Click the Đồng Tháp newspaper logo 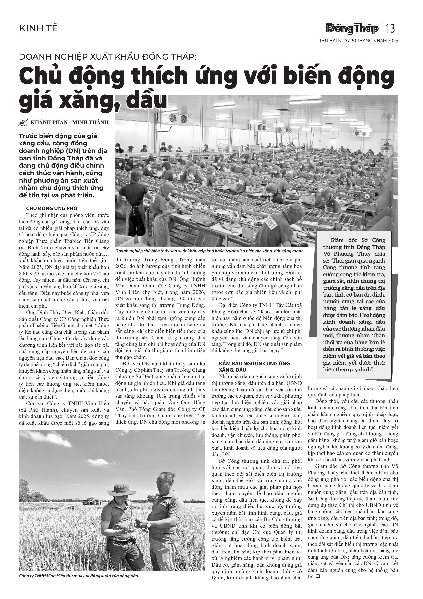pyautogui.click(x=352, y=29)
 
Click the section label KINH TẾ pyautogui.click(x=38, y=28)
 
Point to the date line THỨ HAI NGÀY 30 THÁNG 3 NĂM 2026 pyautogui.click(x=358, y=41)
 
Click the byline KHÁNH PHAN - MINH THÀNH pyautogui.click(x=69, y=122)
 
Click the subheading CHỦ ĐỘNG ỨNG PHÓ pyautogui.click(x=52, y=208)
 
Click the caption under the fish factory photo pyautogui.click(x=210, y=251)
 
